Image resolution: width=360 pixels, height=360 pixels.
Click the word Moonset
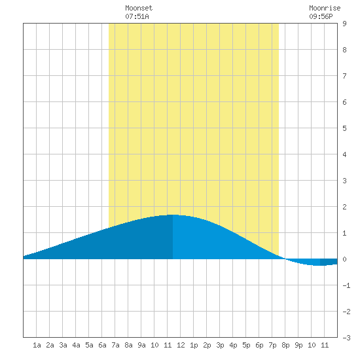139,8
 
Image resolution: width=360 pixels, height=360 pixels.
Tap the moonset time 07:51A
137,16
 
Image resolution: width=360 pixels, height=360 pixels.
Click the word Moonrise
325,8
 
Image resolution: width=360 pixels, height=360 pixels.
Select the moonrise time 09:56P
321,16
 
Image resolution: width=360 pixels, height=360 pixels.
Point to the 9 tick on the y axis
344,24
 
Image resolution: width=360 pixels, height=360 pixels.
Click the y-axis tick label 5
344,128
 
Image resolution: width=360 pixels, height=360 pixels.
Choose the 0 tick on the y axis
344,259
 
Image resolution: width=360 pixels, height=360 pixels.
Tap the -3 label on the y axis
346,338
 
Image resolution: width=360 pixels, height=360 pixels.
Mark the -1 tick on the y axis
346,285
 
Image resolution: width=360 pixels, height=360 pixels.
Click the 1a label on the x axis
37,345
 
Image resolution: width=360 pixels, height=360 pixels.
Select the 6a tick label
102,345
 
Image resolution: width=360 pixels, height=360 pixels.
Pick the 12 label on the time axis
181,345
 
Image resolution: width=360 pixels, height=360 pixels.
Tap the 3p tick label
220,345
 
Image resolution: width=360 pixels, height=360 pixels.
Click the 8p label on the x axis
285,345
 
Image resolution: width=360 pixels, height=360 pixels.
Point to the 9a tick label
141,345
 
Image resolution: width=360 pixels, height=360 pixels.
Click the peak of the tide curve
173,215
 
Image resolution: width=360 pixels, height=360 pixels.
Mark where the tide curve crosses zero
285,259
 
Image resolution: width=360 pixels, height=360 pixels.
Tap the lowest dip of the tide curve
317,265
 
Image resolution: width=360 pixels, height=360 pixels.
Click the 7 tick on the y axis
344,76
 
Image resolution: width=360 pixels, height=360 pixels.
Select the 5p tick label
246,345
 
